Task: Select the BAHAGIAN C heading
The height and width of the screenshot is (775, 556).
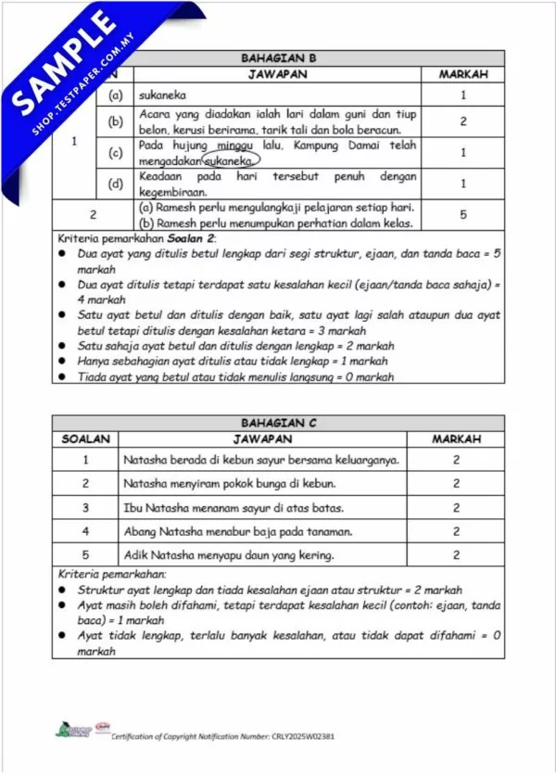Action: point(278,423)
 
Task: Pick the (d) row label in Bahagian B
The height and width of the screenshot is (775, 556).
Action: point(116,183)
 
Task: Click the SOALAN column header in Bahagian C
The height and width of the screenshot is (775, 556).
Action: point(85,438)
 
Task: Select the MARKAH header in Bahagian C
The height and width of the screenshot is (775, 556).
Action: point(456,438)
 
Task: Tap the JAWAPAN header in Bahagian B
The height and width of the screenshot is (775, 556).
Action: point(277,73)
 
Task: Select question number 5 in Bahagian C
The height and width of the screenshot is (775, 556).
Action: point(85,555)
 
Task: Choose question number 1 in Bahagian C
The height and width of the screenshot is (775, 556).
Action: point(85,459)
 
